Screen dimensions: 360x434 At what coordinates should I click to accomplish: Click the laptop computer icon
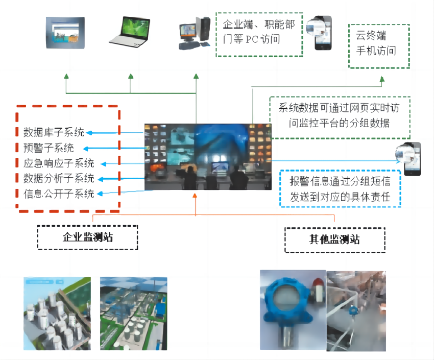click(x=130, y=32)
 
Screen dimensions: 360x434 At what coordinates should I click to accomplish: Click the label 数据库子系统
click(x=54, y=133)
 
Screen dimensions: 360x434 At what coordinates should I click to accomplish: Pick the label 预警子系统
click(x=49, y=149)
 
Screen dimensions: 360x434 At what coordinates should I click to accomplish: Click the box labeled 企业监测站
click(x=87, y=237)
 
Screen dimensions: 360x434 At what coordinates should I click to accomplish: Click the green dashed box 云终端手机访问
click(x=379, y=46)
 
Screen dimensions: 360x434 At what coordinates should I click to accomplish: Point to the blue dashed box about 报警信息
click(x=341, y=189)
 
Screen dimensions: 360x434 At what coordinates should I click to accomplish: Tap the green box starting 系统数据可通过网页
click(x=340, y=117)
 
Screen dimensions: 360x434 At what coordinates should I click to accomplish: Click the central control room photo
click(x=208, y=156)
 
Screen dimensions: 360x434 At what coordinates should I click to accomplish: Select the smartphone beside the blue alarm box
click(x=411, y=158)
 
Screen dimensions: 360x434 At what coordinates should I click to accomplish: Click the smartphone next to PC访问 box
click(x=322, y=33)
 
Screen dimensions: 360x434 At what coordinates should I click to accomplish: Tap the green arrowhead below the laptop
click(x=131, y=77)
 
